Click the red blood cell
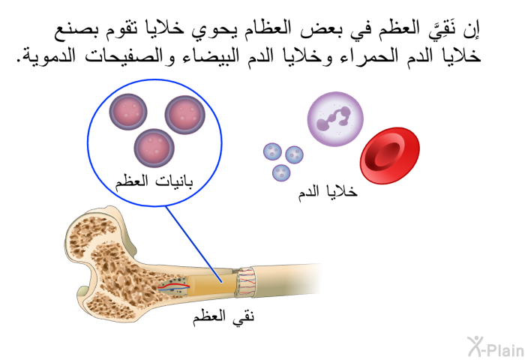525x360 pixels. point(390,155)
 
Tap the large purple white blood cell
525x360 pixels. point(335,119)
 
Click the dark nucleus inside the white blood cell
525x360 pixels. point(334,118)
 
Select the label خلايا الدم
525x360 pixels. point(328,192)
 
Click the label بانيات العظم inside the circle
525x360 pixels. point(154,181)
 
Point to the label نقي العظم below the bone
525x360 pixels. point(223,316)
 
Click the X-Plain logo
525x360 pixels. point(496,346)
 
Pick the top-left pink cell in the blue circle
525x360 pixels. point(128,112)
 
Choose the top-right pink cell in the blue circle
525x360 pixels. point(184,115)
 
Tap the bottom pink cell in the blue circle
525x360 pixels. point(154,148)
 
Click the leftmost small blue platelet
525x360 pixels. point(272,151)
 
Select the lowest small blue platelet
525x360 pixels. point(281,172)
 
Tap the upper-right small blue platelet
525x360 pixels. point(294,154)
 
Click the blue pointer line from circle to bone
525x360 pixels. point(193,244)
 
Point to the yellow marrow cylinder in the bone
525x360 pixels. point(210,285)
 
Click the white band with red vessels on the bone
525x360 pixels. point(245,282)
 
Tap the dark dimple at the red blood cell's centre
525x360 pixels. point(387,154)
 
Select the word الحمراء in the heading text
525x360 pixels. point(360,56)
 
